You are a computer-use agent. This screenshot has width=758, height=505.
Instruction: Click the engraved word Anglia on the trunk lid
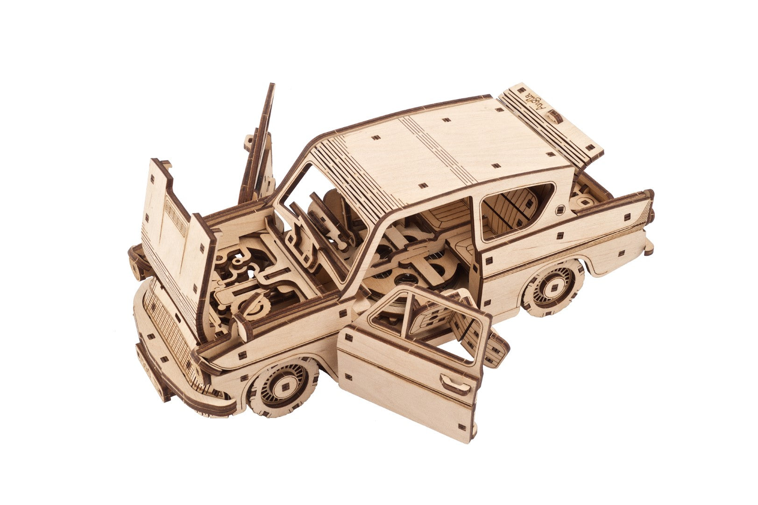pos(538,102)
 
